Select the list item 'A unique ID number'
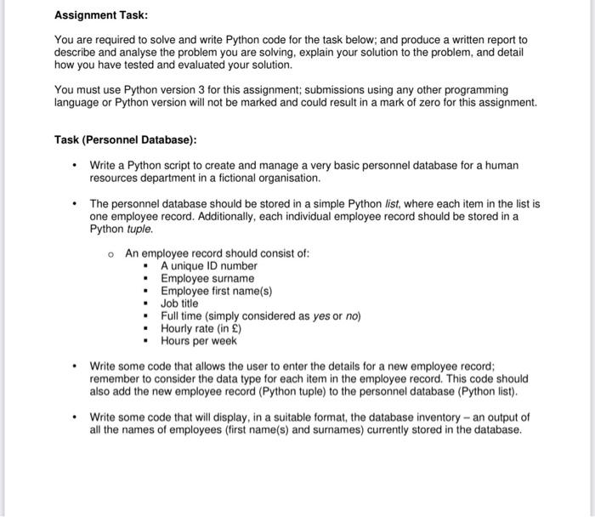(x=209, y=266)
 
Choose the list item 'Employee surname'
(x=207, y=279)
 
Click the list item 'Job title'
(x=179, y=304)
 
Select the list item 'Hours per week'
(x=199, y=342)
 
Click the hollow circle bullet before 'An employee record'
(x=111, y=253)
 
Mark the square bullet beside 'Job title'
(x=146, y=304)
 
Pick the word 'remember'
(x=116, y=378)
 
